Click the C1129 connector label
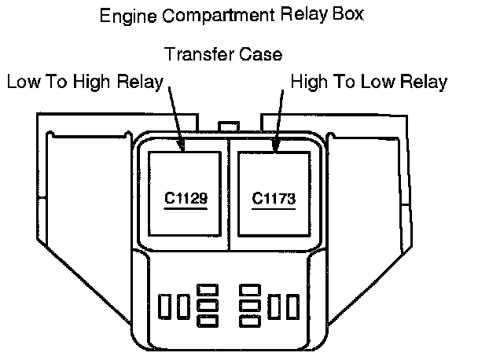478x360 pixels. pyautogui.click(x=186, y=199)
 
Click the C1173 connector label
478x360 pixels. pyautogui.click(x=273, y=199)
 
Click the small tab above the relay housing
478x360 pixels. pyautogui.click(x=230, y=126)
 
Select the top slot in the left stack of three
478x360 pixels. pyautogui.click(x=208, y=289)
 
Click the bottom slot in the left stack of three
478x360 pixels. pyautogui.click(x=208, y=321)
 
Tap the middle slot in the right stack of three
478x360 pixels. pyautogui.click(x=250, y=305)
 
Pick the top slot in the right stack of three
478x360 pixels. pyautogui.click(x=250, y=289)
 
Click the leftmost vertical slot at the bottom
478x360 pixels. pyautogui.click(x=165, y=306)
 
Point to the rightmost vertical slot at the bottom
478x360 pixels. pyautogui.click(x=293, y=306)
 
